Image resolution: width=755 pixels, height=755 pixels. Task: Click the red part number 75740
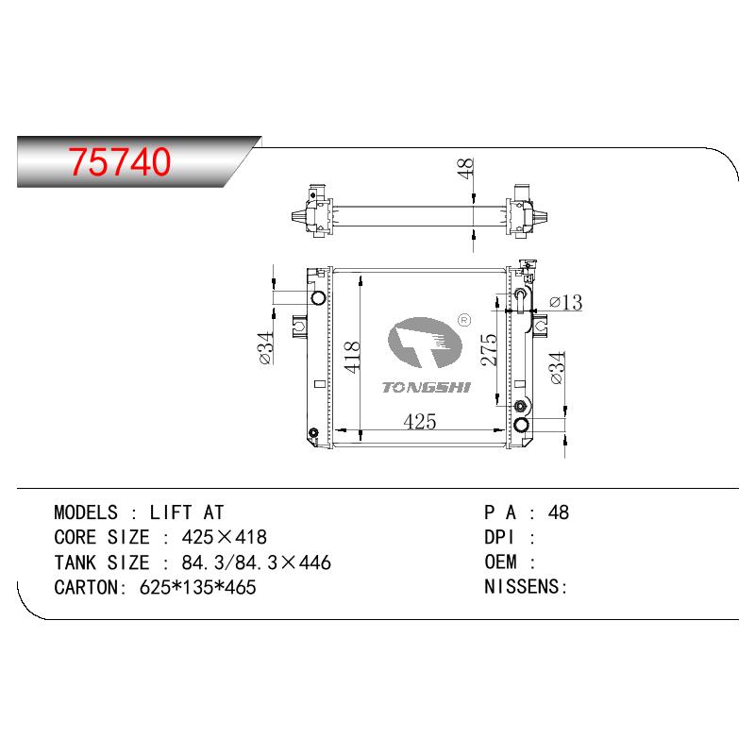120,160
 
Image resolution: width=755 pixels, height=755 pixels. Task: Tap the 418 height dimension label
352,357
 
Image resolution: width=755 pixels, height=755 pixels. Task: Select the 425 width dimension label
420,422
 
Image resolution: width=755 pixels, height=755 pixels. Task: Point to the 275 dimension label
489,349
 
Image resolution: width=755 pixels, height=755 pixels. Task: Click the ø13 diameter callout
565,302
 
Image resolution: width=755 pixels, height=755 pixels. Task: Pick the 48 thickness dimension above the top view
465,169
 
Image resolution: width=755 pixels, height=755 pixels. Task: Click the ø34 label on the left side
265,347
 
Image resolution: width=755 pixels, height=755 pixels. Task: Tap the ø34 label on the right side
556,368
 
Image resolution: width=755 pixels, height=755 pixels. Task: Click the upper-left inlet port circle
318,297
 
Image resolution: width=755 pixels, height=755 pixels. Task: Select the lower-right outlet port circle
522,425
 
